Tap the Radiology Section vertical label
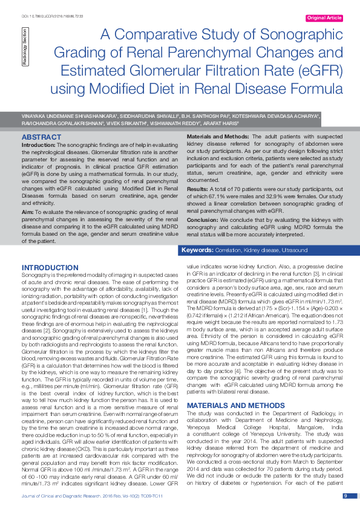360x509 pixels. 25,46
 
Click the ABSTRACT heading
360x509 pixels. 42,137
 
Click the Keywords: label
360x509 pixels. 197,250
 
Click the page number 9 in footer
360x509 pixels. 345,496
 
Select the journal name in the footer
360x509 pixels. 68,496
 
